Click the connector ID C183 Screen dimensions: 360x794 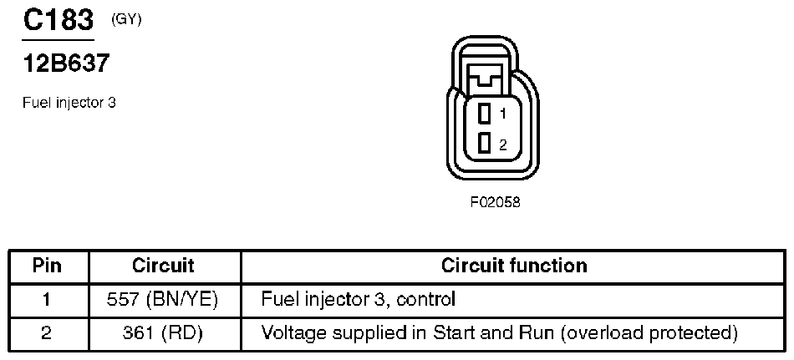tap(57, 20)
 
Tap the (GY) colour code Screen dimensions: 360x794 tap(126, 19)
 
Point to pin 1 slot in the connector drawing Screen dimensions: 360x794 tap(483, 112)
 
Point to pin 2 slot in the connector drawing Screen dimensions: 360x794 tap(483, 144)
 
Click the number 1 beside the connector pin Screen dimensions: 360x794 tap(503, 113)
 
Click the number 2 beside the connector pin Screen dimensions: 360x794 tap(503, 145)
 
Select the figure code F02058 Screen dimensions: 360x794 tap(496, 202)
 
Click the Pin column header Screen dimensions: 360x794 tap(48, 266)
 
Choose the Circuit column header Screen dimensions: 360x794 tap(164, 266)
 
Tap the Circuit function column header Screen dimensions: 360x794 tap(514, 266)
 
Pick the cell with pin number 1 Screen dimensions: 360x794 tap(48, 298)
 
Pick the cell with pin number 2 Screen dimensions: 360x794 tap(48, 333)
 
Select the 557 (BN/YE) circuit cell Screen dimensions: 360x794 tap(165, 298)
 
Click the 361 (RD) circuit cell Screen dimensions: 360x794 tap(165, 333)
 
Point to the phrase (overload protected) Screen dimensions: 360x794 tap(650, 333)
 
